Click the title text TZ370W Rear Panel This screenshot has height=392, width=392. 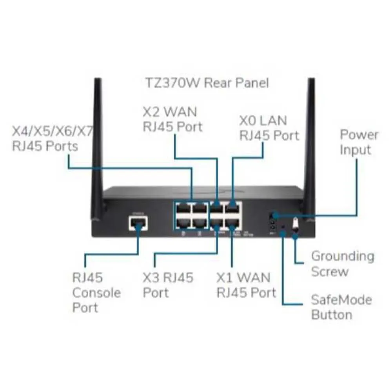coord(207,83)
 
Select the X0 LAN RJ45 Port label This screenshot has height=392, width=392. coord(269,127)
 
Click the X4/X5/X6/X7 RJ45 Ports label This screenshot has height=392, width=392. coord(53,138)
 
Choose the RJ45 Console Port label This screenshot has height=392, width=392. coord(91,292)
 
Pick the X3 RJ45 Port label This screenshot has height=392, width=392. coord(168,285)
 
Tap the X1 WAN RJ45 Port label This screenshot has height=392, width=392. coord(246,285)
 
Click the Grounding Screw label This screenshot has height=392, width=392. coord(342,264)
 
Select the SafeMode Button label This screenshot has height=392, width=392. coord(341,307)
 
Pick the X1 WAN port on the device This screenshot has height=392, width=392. coord(233,224)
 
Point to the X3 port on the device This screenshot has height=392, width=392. coord(217,224)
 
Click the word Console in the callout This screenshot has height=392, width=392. coord(97,292)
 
